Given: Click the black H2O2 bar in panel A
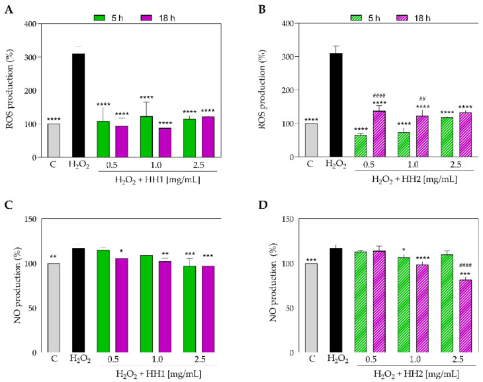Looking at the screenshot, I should click(x=78, y=106).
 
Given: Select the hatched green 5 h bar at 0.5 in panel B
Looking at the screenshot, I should click(x=360, y=146).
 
